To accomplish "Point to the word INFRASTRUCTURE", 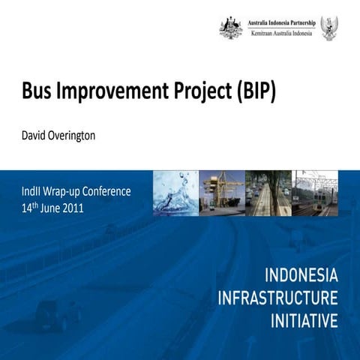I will tap(277, 297).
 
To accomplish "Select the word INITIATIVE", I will tap(304, 322).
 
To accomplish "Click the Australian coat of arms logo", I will tap(230, 28).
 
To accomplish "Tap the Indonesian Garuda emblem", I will tap(328, 28).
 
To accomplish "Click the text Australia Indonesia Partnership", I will tap(281, 22).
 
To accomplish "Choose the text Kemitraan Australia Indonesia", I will tap(281, 34).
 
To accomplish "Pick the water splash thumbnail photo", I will tap(175, 193).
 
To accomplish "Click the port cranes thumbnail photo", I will tap(222, 193).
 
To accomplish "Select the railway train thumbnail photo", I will tap(316, 193).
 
